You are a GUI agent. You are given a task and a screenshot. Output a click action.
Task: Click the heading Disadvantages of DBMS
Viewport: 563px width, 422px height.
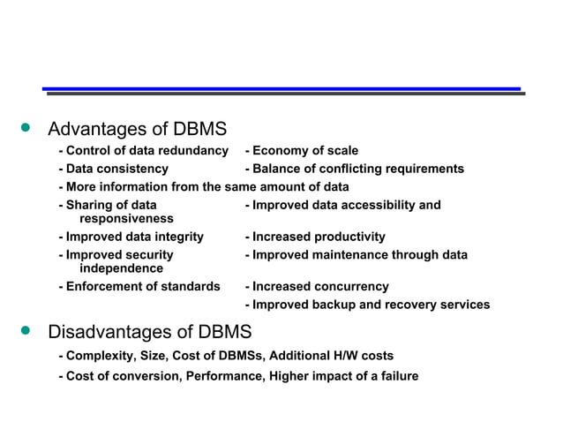149,333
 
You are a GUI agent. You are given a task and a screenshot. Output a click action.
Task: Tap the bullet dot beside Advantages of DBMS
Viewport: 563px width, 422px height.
26,129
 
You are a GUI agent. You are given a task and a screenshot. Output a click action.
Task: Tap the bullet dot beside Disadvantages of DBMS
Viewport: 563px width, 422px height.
26,332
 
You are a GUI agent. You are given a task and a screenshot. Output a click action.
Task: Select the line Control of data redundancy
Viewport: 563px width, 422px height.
143,151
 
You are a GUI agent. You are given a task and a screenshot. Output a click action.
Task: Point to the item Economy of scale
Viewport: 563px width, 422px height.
301,151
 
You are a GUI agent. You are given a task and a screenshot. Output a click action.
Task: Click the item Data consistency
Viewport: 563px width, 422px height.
113,169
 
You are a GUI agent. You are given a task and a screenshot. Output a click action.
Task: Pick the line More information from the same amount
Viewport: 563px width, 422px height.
203,187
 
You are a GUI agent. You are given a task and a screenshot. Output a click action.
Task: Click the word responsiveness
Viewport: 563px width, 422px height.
126,219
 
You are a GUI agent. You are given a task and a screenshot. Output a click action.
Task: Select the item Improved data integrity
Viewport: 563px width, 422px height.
131,237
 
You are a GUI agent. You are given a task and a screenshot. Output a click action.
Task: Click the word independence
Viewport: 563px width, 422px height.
121,268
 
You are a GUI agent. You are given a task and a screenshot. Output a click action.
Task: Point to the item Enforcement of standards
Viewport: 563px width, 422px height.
139,287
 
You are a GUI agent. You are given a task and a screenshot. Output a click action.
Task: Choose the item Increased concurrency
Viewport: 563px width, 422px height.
317,287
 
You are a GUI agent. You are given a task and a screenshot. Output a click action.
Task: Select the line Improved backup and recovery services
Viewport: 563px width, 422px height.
367,305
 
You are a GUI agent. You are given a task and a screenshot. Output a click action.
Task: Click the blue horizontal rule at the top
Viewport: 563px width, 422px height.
281,89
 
